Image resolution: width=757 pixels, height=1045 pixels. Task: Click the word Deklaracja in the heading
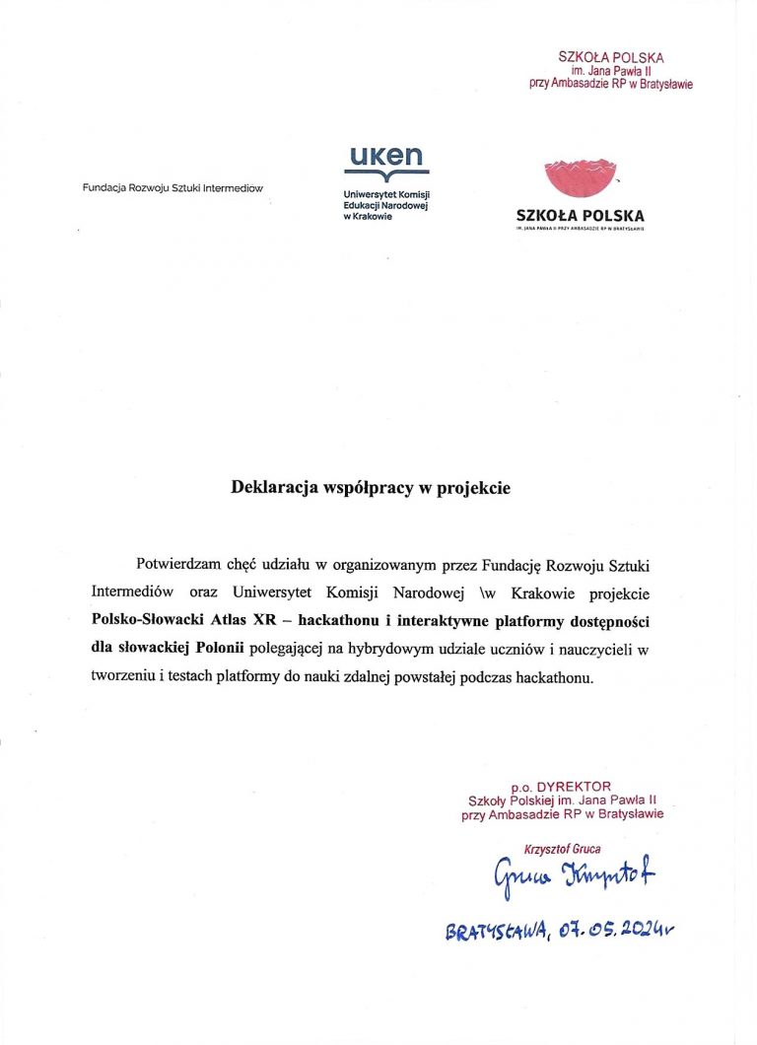pyautogui.click(x=269, y=487)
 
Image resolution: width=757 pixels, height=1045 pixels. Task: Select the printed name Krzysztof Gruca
pyautogui.click(x=563, y=849)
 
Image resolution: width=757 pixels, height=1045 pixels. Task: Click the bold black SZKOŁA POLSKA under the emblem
pyautogui.click(x=580, y=215)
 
